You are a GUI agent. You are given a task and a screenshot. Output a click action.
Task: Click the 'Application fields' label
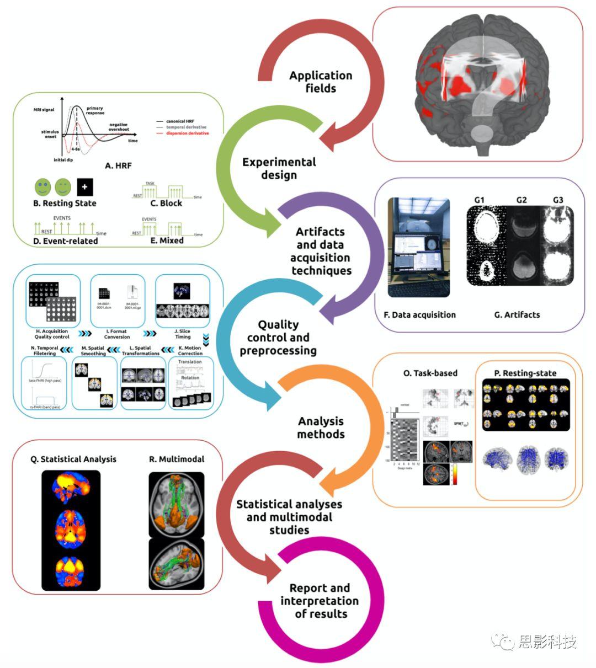(x=320, y=82)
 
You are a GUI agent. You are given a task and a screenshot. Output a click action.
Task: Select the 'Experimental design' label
(x=279, y=168)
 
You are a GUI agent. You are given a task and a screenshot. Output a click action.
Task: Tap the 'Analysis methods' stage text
(x=321, y=427)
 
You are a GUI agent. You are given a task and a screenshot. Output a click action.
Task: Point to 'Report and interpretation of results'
(x=320, y=601)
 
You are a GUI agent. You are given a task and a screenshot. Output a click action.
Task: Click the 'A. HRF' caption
(x=118, y=165)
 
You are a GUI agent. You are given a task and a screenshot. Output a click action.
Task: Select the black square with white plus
(x=85, y=187)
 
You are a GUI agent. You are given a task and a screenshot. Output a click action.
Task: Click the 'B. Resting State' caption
(x=65, y=203)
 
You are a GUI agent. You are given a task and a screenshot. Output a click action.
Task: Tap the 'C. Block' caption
(x=166, y=203)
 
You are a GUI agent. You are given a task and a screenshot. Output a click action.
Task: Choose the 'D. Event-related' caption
(x=65, y=241)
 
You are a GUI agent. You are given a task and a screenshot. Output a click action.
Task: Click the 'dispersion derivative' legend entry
(x=187, y=133)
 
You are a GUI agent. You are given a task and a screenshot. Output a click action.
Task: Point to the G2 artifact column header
(x=521, y=200)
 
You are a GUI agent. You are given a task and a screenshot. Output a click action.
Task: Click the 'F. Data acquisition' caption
(x=419, y=314)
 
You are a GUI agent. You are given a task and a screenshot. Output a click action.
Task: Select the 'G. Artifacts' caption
(x=517, y=314)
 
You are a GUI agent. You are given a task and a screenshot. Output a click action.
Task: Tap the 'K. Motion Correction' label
(x=189, y=350)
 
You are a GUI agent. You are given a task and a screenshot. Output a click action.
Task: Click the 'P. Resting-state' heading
(x=525, y=373)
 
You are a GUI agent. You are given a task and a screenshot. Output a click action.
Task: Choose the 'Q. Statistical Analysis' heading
(x=73, y=459)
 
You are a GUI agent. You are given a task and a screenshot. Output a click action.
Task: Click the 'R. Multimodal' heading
(x=177, y=459)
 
